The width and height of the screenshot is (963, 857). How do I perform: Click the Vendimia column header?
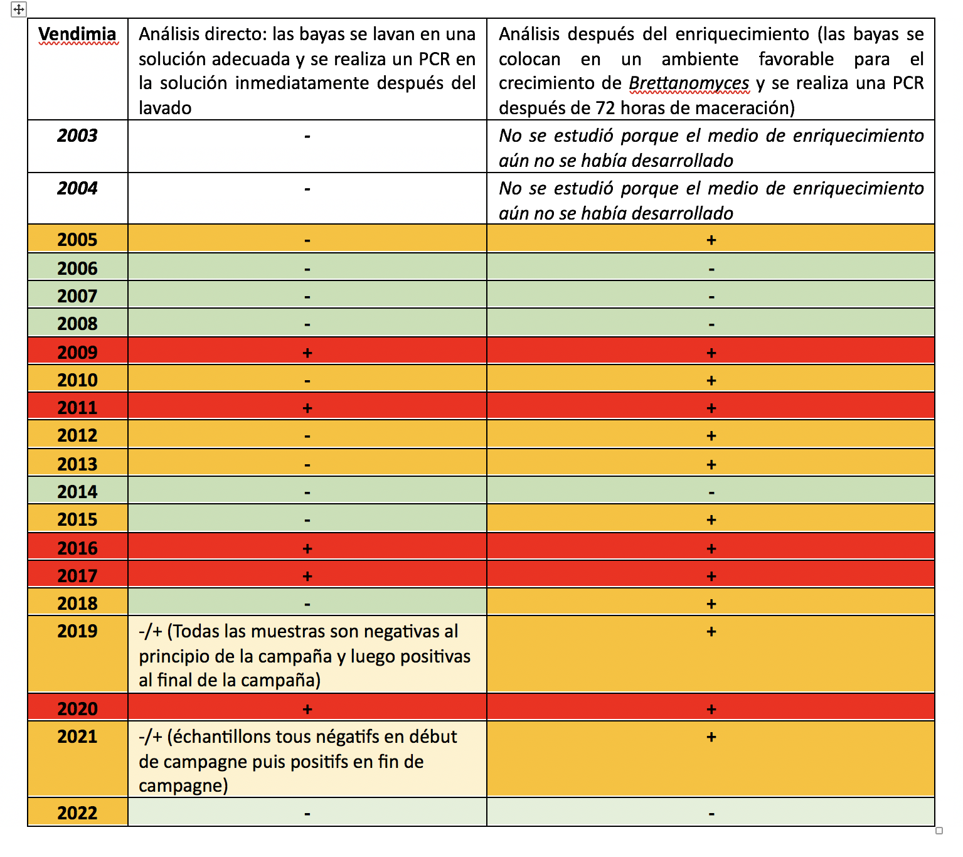(x=77, y=34)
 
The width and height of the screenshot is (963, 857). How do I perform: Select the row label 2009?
(x=77, y=353)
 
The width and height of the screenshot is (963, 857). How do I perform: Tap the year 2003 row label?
(x=77, y=136)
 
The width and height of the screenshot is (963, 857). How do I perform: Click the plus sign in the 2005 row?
(x=711, y=240)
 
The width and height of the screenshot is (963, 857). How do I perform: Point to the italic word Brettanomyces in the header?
(x=689, y=83)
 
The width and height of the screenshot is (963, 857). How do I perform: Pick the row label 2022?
(x=77, y=813)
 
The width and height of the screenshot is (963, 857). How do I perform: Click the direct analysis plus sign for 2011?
(x=307, y=408)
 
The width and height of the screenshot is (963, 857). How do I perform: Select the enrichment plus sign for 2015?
(x=711, y=520)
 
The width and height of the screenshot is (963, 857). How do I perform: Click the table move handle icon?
(x=19, y=9)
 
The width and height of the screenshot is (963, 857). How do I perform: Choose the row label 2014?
(x=77, y=492)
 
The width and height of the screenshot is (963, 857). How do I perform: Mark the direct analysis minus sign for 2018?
(x=307, y=604)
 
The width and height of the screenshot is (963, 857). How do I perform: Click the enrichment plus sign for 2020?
(x=711, y=710)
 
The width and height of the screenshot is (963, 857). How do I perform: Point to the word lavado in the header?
(x=165, y=108)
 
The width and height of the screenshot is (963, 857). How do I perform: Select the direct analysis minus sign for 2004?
(x=307, y=189)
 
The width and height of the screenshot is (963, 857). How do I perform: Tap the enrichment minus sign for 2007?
(x=711, y=297)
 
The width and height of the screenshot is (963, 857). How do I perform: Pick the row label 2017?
(x=77, y=576)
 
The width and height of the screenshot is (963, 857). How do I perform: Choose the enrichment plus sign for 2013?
(x=711, y=465)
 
